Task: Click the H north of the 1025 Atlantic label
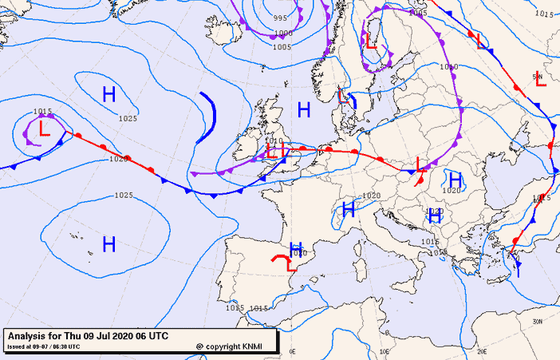[109, 94]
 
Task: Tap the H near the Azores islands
[109, 243]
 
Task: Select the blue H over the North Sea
[303, 109]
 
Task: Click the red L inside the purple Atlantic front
[44, 129]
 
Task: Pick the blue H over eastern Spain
[296, 248]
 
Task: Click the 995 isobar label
[281, 18]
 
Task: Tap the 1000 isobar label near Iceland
[282, 34]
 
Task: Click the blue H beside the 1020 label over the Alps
[348, 210]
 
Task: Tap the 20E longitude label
[481, 351]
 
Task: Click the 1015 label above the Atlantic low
[42, 112]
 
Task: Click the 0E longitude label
[292, 351]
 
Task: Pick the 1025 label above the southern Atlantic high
[124, 196]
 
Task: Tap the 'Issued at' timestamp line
[44, 346]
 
